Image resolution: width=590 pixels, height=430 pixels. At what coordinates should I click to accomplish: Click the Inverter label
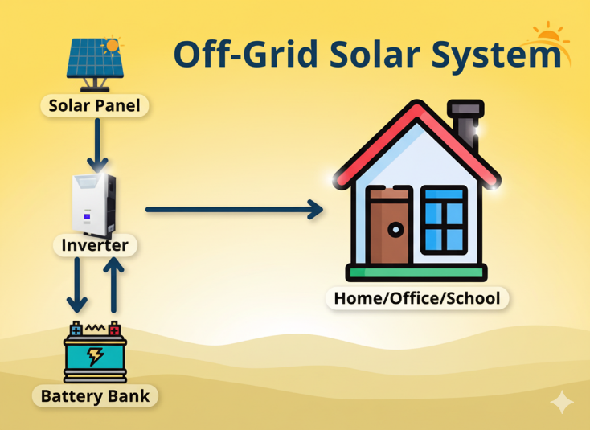click(95, 244)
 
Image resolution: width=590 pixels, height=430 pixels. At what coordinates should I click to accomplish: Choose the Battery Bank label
click(95, 395)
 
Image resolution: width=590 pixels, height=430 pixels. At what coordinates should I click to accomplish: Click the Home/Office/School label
click(416, 299)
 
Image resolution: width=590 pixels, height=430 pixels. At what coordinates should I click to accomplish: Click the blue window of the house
click(444, 218)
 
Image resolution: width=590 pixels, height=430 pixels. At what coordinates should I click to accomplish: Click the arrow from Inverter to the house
click(233, 210)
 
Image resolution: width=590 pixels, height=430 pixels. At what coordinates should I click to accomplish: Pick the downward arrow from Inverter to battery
click(77, 285)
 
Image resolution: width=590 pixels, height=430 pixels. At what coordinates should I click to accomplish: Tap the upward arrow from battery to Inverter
click(114, 285)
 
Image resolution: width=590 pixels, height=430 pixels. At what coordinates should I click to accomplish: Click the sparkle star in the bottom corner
click(562, 402)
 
